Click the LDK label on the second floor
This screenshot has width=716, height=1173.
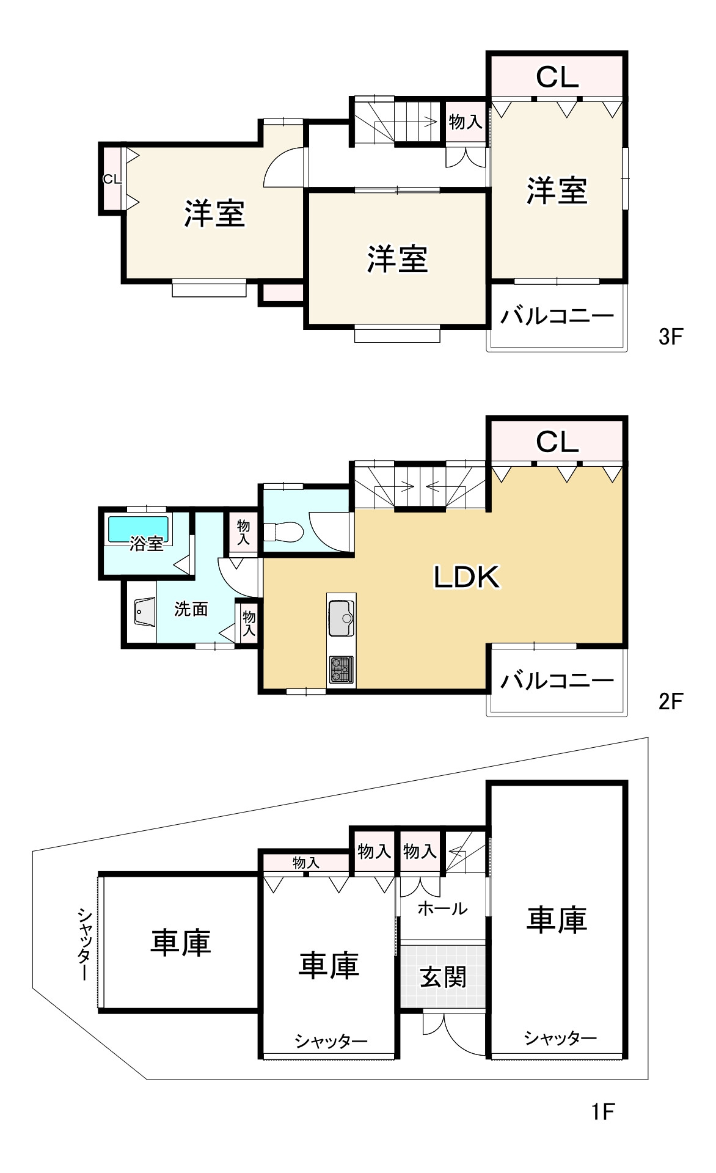[x=467, y=577]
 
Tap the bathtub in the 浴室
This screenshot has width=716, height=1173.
[x=138, y=528]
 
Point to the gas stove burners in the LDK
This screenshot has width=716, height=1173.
[x=341, y=669]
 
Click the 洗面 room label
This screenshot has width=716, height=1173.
[x=191, y=609]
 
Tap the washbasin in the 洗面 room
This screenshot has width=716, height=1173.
[x=145, y=613]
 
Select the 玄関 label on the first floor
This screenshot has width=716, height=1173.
[x=443, y=977]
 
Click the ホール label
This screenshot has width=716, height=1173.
[x=442, y=908]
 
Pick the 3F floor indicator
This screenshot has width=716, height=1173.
[x=670, y=337]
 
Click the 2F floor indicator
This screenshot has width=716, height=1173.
[x=670, y=701]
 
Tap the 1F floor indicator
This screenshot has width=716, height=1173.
[x=602, y=1111]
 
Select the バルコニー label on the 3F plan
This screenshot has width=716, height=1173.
[x=557, y=316]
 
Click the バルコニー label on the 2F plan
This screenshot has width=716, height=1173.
[x=557, y=680]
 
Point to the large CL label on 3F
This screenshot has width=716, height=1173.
[x=557, y=78]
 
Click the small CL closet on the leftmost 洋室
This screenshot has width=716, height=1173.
[x=111, y=179]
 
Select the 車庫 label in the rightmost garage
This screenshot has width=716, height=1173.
[x=557, y=919]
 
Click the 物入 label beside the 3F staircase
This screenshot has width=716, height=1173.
[x=465, y=122]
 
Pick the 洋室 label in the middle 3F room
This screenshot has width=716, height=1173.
[x=397, y=258]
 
